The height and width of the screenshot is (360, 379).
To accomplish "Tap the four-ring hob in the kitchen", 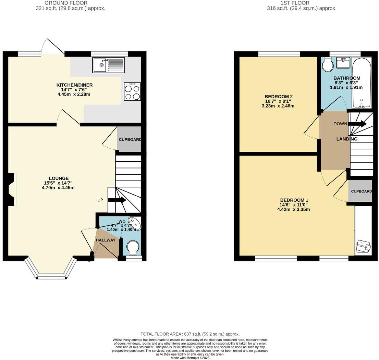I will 132,92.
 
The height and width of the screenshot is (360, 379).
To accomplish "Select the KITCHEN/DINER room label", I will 74,85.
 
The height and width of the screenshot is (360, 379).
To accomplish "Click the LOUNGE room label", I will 59,178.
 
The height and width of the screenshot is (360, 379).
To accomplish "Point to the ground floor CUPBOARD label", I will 130,140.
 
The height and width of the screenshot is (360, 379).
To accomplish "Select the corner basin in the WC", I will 135,223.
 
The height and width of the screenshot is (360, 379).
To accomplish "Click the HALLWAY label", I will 106,240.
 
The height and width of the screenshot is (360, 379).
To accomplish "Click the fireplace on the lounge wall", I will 12,189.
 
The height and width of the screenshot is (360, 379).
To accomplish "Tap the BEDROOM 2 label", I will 279,96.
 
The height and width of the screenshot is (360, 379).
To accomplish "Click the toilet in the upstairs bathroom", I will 328,64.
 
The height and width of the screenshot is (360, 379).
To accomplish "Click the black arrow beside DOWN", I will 358,124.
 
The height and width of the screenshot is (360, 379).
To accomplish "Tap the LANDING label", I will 346,139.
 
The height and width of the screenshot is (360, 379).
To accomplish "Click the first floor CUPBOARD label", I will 361,191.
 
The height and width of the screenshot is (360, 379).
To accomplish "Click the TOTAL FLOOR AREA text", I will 190,334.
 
